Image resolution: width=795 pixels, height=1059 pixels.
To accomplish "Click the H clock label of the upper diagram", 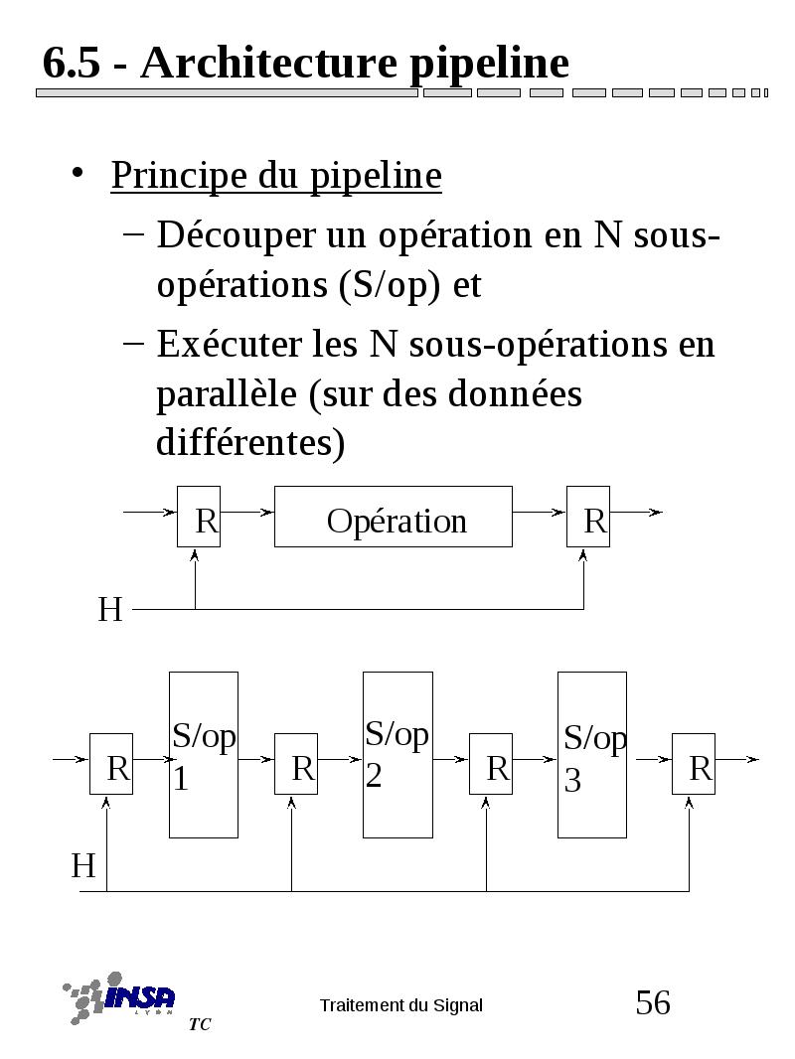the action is click(110, 609).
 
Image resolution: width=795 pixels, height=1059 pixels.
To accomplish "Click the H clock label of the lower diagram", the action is click(83, 865).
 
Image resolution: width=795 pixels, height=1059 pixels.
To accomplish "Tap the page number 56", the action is click(653, 1002).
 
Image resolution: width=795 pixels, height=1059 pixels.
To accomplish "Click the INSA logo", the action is click(120, 997).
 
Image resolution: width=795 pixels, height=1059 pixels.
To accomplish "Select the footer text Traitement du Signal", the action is click(401, 1005).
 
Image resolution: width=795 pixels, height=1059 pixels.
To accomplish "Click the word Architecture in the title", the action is click(269, 63).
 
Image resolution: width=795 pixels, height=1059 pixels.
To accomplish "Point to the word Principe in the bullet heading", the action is click(179, 176).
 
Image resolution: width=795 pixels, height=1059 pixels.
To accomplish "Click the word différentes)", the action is click(250, 442).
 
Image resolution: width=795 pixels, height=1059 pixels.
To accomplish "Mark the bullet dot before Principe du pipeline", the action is click(79, 174).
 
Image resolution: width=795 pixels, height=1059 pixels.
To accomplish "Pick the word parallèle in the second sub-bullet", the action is click(227, 394).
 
